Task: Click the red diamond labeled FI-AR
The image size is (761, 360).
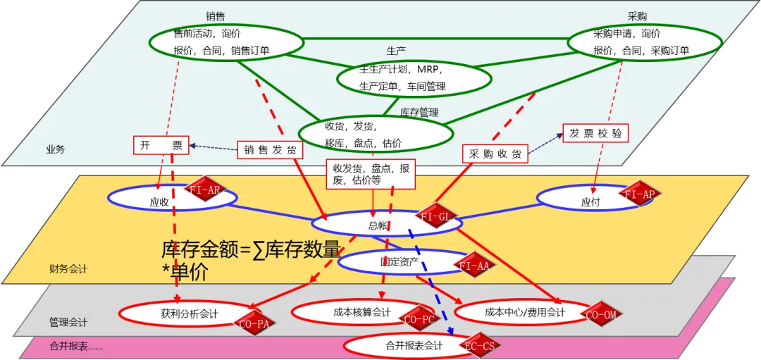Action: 204,189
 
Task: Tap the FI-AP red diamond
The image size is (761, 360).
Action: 640,194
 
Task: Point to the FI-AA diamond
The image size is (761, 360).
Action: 474,265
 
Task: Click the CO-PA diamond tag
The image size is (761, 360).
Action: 252,322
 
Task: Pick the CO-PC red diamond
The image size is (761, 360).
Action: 419,319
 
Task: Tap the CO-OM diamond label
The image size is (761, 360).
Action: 600,314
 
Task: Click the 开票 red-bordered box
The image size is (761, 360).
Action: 161,146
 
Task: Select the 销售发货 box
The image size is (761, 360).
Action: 269,149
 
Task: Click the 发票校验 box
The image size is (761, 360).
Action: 595,132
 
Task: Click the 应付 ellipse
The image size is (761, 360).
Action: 589,200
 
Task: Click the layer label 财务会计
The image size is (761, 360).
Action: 68,268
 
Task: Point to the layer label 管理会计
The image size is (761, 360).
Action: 68,322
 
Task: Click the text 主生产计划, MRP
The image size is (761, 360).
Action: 398,70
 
